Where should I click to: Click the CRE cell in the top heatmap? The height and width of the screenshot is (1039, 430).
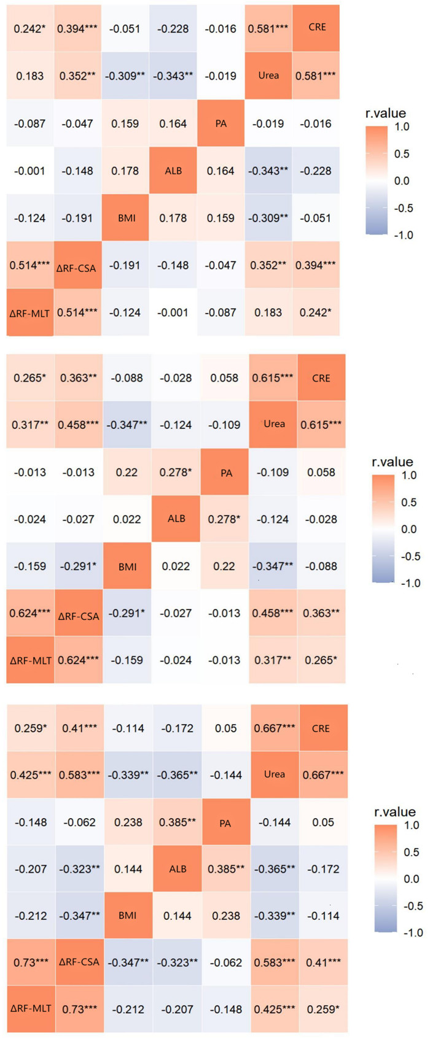[x=317, y=28]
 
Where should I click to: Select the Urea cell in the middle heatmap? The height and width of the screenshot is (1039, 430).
[x=274, y=424]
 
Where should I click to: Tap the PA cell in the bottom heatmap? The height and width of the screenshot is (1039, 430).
[x=225, y=823]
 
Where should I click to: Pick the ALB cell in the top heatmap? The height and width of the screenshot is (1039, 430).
[x=173, y=171]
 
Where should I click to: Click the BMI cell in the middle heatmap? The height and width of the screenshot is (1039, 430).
[x=127, y=566]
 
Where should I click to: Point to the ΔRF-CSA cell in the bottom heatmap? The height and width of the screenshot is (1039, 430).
[x=79, y=962]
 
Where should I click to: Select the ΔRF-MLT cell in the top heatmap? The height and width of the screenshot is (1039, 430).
[x=29, y=313]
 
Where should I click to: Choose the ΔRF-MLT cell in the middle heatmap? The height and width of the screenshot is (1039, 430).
[x=29, y=660]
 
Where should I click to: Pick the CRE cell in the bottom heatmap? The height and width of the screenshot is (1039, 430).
[x=321, y=728]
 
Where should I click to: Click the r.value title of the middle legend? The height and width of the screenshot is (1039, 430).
[x=393, y=462]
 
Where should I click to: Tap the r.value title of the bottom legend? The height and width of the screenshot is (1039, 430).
[x=395, y=812]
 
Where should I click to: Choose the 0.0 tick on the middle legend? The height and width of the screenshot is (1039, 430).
[x=408, y=529]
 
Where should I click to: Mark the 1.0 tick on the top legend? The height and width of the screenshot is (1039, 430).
[x=402, y=126]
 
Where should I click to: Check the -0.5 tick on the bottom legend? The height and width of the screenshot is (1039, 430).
[x=411, y=906]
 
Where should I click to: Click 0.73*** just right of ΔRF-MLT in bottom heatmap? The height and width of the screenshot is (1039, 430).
[x=79, y=1009]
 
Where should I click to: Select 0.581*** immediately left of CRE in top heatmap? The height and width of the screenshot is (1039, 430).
[x=268, y=28]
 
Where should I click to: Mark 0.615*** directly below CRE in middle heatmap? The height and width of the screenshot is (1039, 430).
[x=322, y=425]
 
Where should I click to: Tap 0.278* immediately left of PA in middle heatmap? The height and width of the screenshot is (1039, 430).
[x=176, y=472]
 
